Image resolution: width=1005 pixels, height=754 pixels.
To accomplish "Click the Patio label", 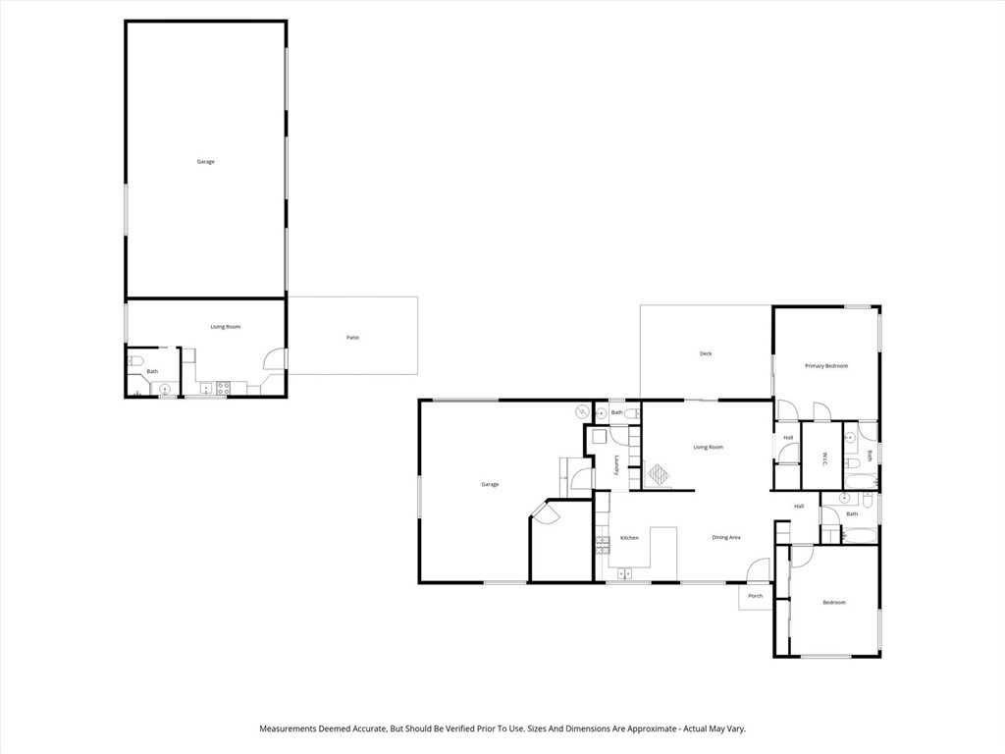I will pos(352,338).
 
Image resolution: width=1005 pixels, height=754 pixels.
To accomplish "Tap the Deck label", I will pos(706,353).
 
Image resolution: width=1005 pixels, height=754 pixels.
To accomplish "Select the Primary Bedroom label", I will pos(826,366).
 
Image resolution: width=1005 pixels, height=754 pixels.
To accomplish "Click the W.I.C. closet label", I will pos(826,456).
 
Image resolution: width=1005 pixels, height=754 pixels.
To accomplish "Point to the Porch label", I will pos(756,596).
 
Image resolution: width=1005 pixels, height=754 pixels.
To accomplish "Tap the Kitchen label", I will pos(629,538).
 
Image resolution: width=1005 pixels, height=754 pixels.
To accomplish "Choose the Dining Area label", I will pos(726,537).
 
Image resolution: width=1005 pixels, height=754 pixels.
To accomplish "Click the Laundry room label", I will pos(616,465).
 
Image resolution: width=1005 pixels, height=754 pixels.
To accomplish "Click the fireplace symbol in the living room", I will pos(658,475).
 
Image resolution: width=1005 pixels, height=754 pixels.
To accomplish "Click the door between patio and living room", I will pos(277,360).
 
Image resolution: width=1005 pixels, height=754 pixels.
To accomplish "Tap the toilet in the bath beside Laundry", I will pos(633,413).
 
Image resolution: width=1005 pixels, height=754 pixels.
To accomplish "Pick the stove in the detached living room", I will pos(223,387).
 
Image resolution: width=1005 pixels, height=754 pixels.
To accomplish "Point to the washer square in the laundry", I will pos(598,439).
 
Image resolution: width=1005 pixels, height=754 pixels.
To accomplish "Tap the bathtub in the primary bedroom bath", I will pos(864,481).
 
